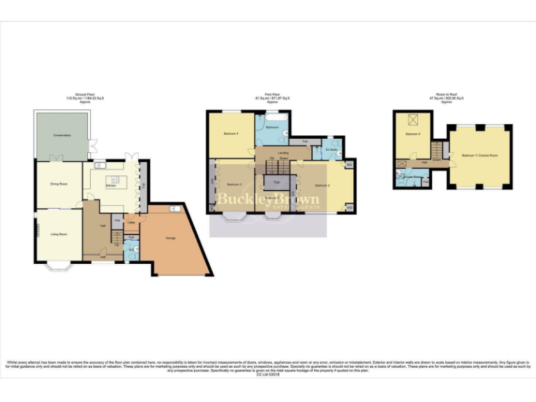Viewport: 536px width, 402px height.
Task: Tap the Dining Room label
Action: pyautogui.click(x=59, y=184)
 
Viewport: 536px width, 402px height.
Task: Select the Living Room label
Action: pyautogui.click(x=58, y=234)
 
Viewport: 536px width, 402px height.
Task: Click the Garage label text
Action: pyautogui.click(x=170, y=239)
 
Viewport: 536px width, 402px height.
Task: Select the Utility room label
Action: pyautogui.click(x=131, y=223)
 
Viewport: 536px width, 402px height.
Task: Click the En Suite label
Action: pyautogui.click(x=332, y=149)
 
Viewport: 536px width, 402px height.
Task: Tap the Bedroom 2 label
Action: pyautogui.click(x=322, y=186)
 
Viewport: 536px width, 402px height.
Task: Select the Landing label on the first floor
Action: pyautogui.click(x=283, y=153)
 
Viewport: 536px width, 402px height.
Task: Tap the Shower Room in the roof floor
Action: pyautogui.click(x=408, y=177)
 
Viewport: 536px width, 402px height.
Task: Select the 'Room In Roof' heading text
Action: pyautogui.click(x=452, y=98)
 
